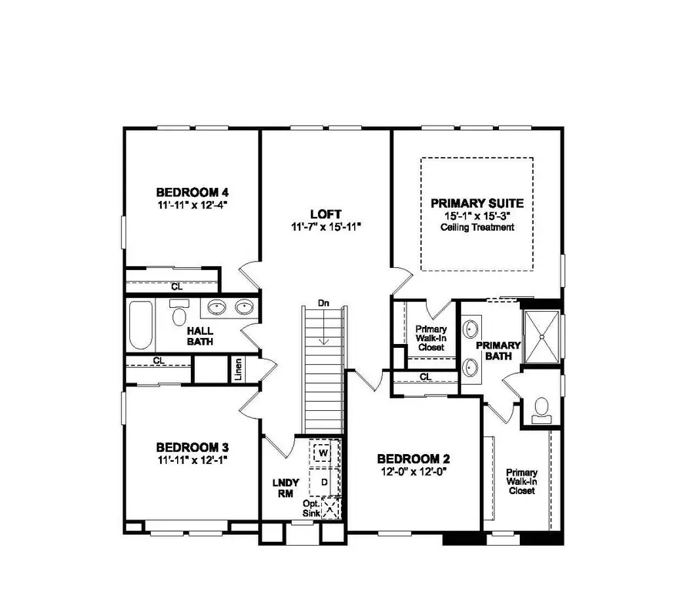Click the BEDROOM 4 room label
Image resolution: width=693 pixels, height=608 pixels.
(x=192, y=192)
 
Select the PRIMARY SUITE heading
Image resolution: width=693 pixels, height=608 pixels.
(x=477, y=203)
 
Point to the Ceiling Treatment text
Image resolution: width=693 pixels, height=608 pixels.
(x=477, y=228)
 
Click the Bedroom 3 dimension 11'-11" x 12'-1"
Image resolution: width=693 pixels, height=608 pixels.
(x=192, y=459)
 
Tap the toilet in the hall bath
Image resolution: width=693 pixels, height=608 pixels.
(x=180, y=316)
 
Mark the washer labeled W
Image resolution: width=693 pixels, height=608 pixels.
(x=323, y=453)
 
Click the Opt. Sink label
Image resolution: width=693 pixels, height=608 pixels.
(x=311, y=508)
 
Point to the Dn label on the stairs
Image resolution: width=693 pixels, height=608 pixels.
(x=323, y=303)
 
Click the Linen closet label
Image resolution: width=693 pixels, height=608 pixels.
(x=239, y=370)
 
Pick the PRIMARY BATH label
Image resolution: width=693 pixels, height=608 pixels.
(x=498, y=350)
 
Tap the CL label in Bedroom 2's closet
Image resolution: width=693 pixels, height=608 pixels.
(x=426, y=377)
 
